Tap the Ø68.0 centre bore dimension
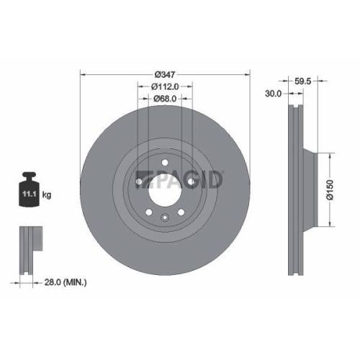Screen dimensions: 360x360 [165, 99]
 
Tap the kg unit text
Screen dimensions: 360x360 [47, 195]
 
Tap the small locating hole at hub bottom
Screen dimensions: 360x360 [165, 217]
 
